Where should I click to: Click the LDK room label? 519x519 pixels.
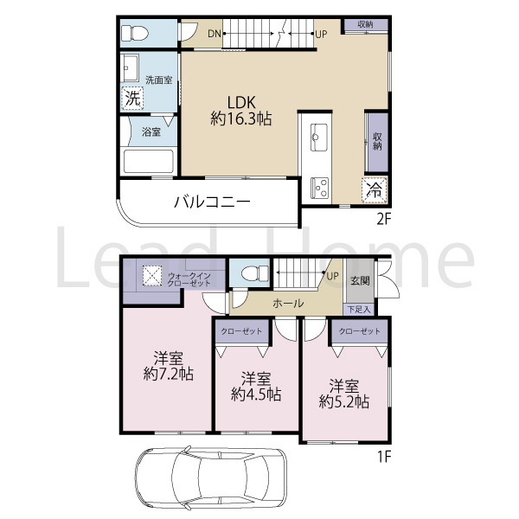tap(241, 102)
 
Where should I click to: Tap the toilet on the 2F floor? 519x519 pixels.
tap(135, 34)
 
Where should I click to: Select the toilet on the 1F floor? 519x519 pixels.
tap(255, 274)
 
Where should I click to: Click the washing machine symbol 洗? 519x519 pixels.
tap(132, 98)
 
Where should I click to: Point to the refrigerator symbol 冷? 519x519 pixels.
tap(375, 189)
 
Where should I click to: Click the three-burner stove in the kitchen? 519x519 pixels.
tap(320, 188)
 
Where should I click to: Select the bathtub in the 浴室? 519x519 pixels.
tap(149, 162)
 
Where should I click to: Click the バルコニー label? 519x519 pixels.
tap(212, 202)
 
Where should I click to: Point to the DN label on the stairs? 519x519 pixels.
tap(215, 34)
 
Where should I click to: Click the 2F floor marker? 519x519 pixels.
tap(384, 219)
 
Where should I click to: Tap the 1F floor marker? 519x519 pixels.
tap(385, 457)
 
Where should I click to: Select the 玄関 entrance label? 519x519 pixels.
tap(360, 280)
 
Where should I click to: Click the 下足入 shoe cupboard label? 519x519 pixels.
tap(358, 310)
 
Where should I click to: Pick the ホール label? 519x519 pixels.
tap(288, 303)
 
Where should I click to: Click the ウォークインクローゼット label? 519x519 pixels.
tap(189, 279)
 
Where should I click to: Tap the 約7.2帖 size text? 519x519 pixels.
tap(169, 374)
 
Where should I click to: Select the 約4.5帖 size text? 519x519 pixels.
tap(256, 394)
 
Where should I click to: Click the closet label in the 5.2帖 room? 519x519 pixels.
tap(359, 331)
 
